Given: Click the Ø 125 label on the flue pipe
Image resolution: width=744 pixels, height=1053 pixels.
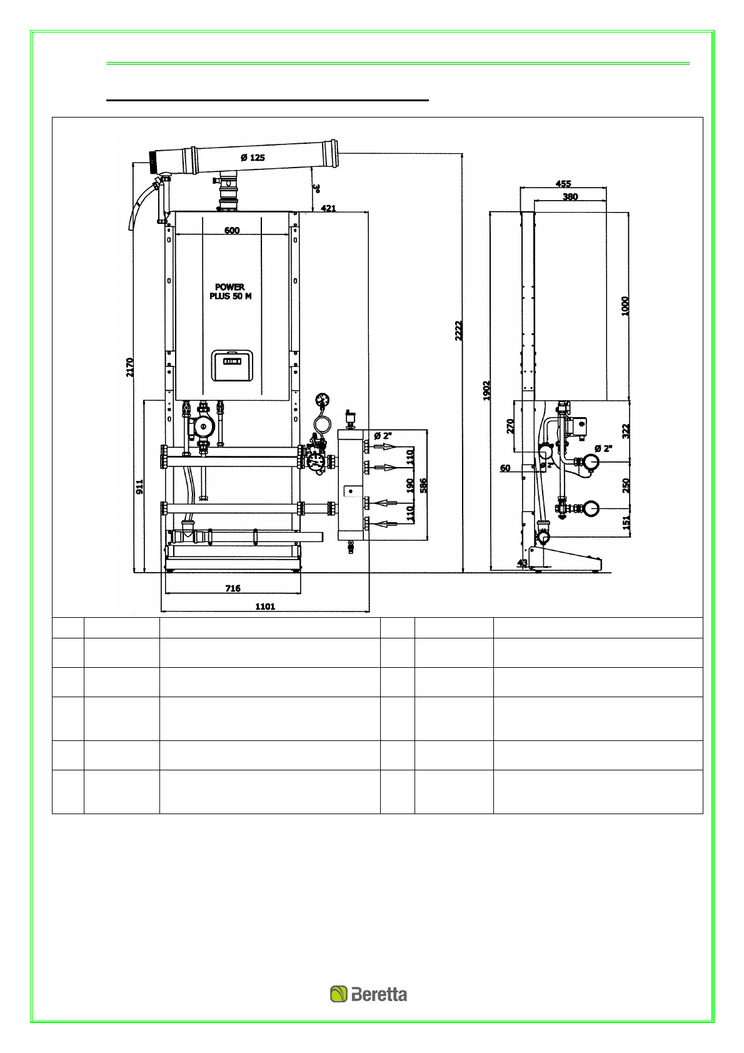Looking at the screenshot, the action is (x=253, y=158).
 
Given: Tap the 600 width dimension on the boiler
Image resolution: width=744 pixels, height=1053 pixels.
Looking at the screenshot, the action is (x=232, y=230).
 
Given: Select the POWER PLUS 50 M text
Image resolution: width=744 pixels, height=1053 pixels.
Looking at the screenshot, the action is (x=230, y=291).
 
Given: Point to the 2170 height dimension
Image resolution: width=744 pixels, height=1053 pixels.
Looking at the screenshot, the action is (x=129, y=367).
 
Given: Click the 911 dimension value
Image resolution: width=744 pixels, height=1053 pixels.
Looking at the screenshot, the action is (x=139, y=486).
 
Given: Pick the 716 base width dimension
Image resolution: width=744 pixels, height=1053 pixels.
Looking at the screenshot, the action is (x=233, y=588).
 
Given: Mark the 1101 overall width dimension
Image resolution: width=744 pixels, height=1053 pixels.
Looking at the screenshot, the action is (x=265, y=607).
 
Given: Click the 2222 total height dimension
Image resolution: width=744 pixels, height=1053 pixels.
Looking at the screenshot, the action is (x=459, y=331).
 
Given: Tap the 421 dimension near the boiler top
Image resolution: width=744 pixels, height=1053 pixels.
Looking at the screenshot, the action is (x=328, y=208).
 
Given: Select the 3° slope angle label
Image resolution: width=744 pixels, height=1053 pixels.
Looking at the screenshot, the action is (x=317, y=188).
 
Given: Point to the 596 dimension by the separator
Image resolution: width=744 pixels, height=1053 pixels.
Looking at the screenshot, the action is (x=423, y=486).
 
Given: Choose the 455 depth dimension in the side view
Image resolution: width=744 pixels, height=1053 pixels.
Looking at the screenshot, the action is (x=563, y=184).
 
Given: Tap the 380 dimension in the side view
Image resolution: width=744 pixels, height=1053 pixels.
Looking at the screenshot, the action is (x=570, y=196).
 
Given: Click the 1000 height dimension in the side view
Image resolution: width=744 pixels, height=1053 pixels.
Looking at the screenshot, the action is (x=625, y=306).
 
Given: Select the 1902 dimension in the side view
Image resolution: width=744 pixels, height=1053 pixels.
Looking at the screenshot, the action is (x=487, y=391).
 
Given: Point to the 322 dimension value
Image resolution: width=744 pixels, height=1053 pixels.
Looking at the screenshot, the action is (x=626, y=431).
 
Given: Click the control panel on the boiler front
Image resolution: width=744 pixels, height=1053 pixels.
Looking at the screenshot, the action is (x=232, y=365).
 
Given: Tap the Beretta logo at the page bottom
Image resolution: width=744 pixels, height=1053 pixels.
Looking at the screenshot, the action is (x=368, y=994).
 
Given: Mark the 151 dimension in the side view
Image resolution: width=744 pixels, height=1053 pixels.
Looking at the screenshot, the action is (x=626, y=522).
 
